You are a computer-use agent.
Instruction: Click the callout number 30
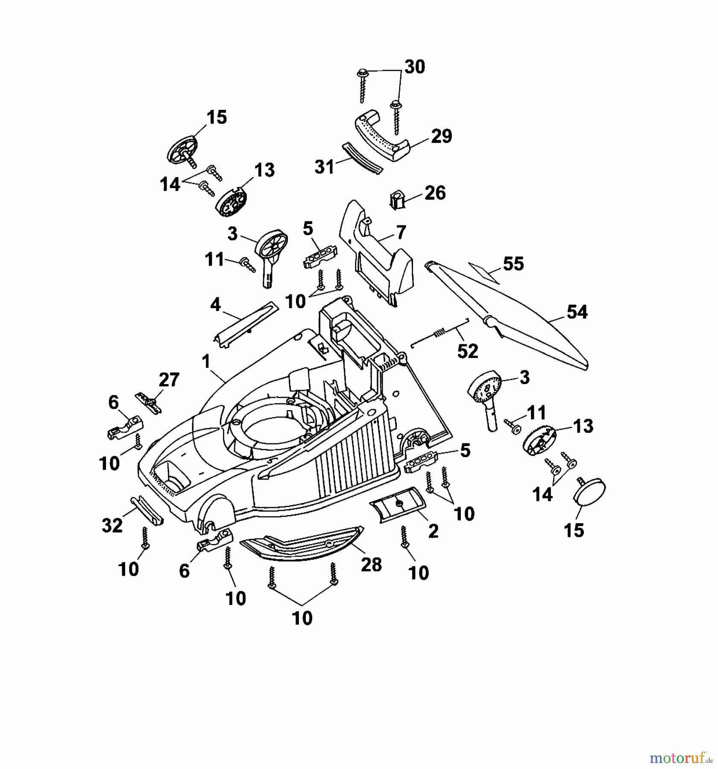click(414, 67)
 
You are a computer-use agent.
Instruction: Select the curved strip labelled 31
click(361, 158)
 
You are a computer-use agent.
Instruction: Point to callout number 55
click(513, 264)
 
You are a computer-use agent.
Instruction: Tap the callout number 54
click(577, 312)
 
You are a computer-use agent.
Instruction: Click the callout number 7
click(400, 232)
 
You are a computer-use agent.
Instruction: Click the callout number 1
click(206, 361)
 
